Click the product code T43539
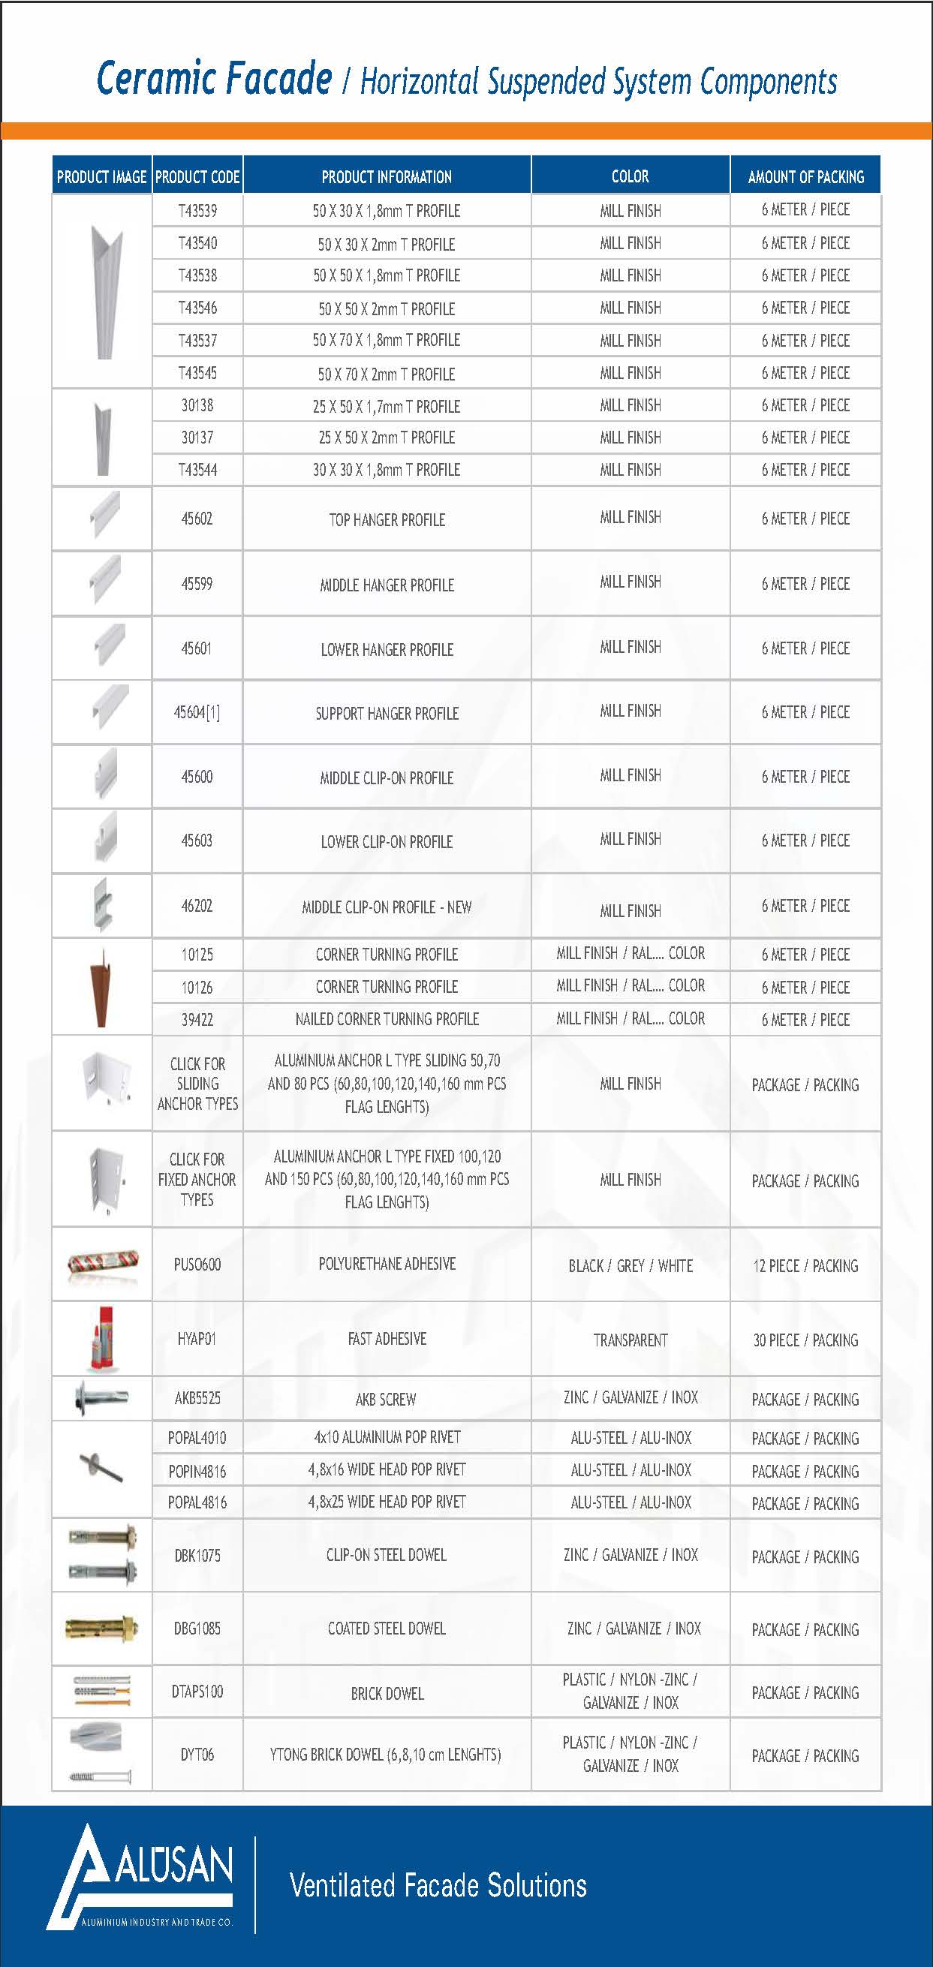pos(197,211)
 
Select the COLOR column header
pos(630,176)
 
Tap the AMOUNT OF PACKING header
pos(805,177)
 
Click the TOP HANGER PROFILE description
pos(387,520)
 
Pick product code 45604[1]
pos(197,712)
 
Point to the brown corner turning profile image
pos(101,987)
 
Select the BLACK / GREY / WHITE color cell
pos(630,1265)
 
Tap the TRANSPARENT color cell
pos(630,1340)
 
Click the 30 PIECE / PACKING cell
pos(805,1340)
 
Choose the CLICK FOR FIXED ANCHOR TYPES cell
pos(197,1179)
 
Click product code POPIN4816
pos(197,1471)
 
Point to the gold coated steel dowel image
pos(102,1628)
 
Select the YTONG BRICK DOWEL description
pos(387,1755)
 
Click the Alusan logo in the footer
pos(141,1878)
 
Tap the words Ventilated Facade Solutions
pos(438,1885)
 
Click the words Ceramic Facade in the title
pos(215,79)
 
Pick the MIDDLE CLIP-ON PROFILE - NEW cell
pos(387,907)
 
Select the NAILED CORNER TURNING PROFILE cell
pos(387,1018)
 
